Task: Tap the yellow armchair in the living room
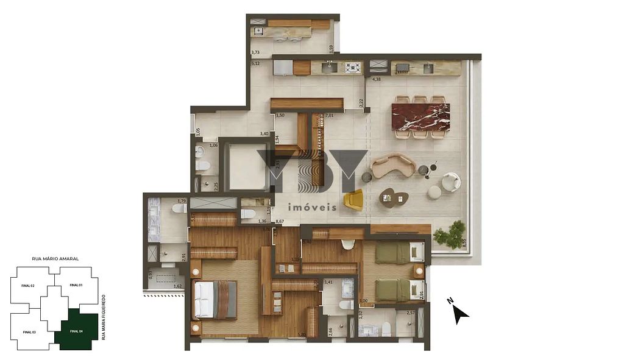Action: pos(353,199)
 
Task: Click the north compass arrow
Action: pos(459,313)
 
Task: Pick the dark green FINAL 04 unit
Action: pos(76,331)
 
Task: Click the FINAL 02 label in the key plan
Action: pos(28,286)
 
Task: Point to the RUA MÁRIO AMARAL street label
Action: pos(55,259)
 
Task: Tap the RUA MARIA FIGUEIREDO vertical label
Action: pos(104,317)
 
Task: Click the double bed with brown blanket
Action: pos(214,299)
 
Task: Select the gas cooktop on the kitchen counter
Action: pos(353,67)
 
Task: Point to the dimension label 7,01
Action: pos(329,115)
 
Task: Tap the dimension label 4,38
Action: pos(376,78)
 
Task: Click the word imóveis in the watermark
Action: pos(311,207)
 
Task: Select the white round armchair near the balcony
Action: pos(451,182)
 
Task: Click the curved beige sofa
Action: pos(393,165)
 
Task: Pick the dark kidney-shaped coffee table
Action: pos(393,197)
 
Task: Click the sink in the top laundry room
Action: pos(258,30)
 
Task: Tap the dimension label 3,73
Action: pos(255,53)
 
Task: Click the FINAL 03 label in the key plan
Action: pos(29,332)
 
